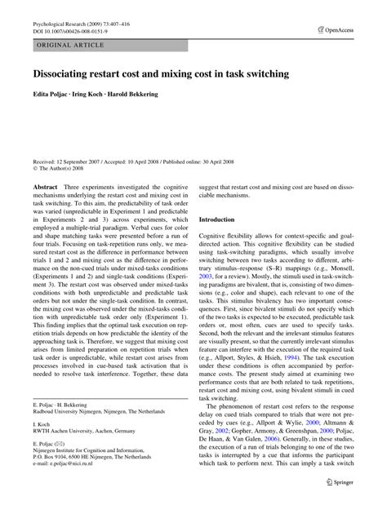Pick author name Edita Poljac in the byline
click(52, 95)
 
